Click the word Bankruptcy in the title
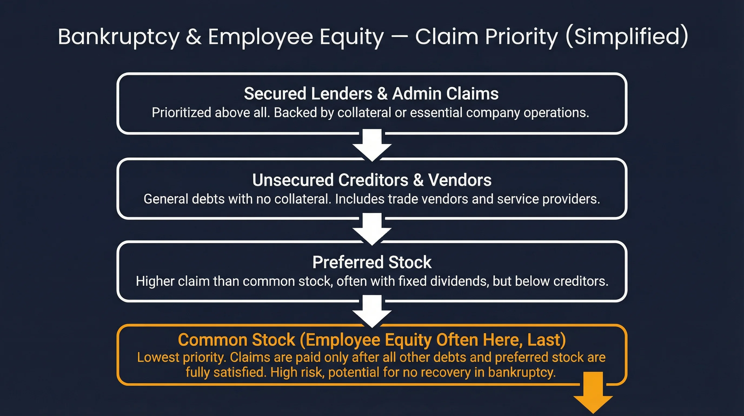(118, 37)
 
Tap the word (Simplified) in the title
(627, 37)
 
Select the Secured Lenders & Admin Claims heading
(371, 94)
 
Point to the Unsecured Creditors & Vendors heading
(372, 180)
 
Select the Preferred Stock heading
(372, 262)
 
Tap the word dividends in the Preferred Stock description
(459, 281)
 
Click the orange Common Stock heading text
(372, 340)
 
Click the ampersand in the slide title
(194, 37)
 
